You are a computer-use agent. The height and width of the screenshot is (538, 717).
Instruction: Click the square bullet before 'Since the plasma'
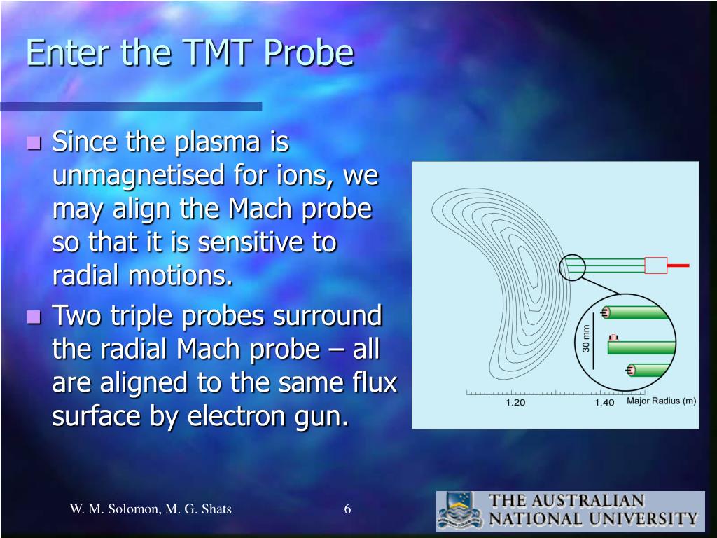[34, 142]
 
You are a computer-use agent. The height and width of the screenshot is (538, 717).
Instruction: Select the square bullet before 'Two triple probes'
[34, 316]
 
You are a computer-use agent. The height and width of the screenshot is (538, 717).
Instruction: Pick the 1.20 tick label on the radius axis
[515, 403]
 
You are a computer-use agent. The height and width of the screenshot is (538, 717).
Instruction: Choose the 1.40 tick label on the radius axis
[604, 403]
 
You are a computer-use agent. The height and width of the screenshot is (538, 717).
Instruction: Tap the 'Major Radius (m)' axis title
[661, 401]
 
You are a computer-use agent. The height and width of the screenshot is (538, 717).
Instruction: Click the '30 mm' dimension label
[586, 339]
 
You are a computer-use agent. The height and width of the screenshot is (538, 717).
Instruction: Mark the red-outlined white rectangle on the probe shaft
[655, 265]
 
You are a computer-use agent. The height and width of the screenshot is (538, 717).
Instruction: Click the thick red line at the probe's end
[678, 265]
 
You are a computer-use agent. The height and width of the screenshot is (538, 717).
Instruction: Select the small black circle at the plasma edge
[572, 267]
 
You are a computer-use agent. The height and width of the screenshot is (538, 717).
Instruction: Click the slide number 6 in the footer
[347, 509]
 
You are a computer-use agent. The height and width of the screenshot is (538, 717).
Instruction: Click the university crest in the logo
[459, 511]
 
